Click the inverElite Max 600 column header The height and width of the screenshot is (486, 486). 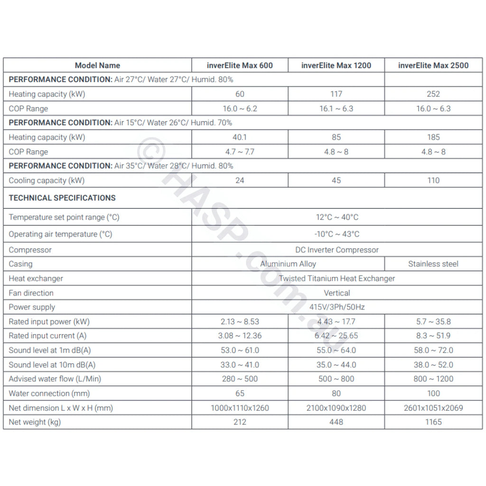(x=240, y=65)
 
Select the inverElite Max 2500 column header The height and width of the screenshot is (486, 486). (x=433, y=65)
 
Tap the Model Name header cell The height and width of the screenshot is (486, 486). (x=97, y=65)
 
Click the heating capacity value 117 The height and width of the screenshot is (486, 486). (x=336, y=94)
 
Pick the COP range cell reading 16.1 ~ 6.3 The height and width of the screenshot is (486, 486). (x=336, y=109)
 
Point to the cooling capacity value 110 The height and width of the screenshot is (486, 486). (x=433, y=180)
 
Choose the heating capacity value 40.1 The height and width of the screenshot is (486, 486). (x=240, y=137)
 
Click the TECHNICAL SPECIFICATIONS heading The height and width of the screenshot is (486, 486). (x=62, y=198)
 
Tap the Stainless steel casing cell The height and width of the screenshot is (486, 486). (x=433, y=264)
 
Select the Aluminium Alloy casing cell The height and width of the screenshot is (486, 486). (x=288, y=264)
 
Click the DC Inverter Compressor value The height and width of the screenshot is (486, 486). (x=337, y=250)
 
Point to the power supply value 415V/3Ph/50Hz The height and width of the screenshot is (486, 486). (x=337, y=307)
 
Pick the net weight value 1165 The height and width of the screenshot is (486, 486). (x=433, y=422)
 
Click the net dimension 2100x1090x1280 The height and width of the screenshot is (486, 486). (x=336, y=408)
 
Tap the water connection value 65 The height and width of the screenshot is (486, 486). (x=240, y=393)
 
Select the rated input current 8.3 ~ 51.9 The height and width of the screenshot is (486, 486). (x=433, y=336)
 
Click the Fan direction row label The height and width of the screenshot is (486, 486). (x=31, y=293)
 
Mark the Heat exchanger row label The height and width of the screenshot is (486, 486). (x=36, y=279)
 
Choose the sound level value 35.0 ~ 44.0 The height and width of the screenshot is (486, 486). (x=336, y=365)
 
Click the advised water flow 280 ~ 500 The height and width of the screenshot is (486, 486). (x=240, y=379)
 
